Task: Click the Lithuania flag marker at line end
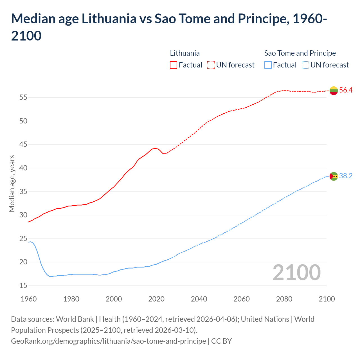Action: [x=334, y=91]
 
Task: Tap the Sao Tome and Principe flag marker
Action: [x=334, y=176]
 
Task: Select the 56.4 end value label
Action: [x=346, y=90]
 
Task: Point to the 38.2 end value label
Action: [x=346, y=176]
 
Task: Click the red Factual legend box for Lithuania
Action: [x=174, y=65]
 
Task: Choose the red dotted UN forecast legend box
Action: [x=211, y=65]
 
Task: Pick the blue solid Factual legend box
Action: [x=268, y=65]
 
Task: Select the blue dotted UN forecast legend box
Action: [x=305, y=65]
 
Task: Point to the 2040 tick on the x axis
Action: [x=199, y=299]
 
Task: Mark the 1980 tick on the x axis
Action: [x=71, y=299]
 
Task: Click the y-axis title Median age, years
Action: [x=12, y=183]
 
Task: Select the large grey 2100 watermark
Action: [x=297, y=273]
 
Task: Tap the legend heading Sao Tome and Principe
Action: [x=300, y=53]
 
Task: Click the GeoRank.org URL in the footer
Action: [x=108, y=341]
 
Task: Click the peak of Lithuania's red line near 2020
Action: [x=155, y=148]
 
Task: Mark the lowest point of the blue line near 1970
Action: [x=51, y=276]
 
